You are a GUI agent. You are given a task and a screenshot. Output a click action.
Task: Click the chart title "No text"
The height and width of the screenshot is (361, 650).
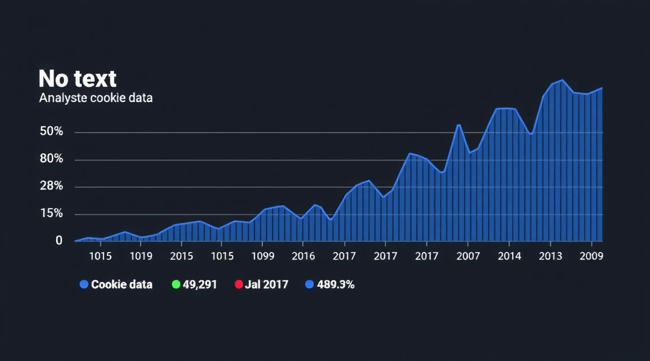pyautogui.click(x=77, y=78)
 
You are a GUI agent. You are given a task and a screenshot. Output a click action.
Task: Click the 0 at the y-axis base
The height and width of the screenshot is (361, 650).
pyautogui.click(x=59, y=240)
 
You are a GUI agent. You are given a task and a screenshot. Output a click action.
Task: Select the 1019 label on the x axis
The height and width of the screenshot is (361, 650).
pyautogui.click(x=141, y=256)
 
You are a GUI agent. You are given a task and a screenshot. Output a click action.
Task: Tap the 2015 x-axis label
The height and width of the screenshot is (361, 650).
pyautogui.click(x=182, y=256)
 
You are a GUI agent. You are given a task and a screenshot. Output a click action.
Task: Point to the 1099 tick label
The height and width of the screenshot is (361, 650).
pyautogui.click(x=262, y=256)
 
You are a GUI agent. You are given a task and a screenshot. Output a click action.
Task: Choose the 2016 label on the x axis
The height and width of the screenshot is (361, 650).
pyautogui.click(x=304, y=256)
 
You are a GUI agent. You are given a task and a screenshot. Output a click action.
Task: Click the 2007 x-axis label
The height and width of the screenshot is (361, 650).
pyautogui.click(x=468, y=256)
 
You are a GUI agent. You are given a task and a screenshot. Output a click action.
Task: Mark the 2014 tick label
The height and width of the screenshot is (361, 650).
pyautogui.click(x=510, y=256)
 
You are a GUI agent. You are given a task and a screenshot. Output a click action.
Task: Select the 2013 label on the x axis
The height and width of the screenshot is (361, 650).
pyautogui.click(x=551, y=256)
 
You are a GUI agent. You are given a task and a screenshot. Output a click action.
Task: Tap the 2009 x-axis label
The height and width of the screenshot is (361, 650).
pyautogui.click(x=591, y=256)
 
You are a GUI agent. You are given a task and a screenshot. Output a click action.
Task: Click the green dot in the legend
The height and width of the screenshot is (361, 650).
pyautogui.click(x=175, y=284)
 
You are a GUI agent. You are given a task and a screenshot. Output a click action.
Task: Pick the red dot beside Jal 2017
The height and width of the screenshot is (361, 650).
pyautogui.click(x=239, y=284)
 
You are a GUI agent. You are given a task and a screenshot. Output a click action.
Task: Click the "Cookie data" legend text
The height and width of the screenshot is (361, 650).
pyautogui.click(x=121, y=284)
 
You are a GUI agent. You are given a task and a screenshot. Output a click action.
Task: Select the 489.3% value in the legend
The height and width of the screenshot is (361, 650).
pyautogui.click(x=335, y=284)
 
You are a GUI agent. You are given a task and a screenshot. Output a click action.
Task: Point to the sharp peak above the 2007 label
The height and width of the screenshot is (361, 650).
pyautogui.click(x=459, y=125)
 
